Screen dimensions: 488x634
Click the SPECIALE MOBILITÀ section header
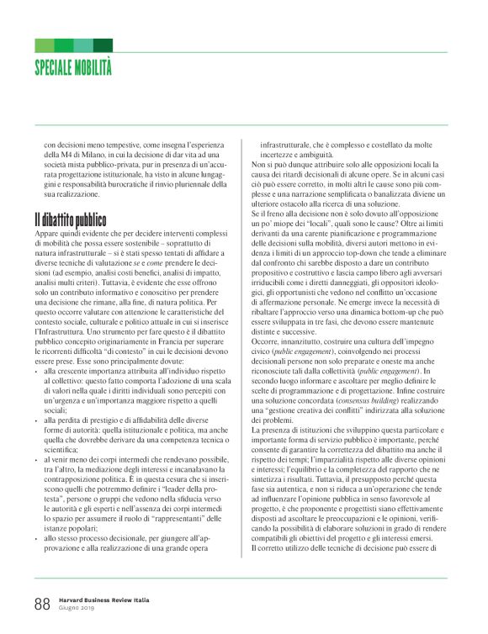point(73,67)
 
